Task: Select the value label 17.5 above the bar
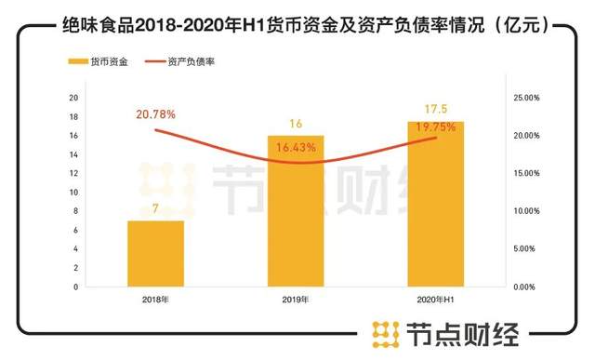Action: pyautogui.click(x=436, y=109)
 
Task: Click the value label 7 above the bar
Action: pyautogui.click(x=155, y=210)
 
